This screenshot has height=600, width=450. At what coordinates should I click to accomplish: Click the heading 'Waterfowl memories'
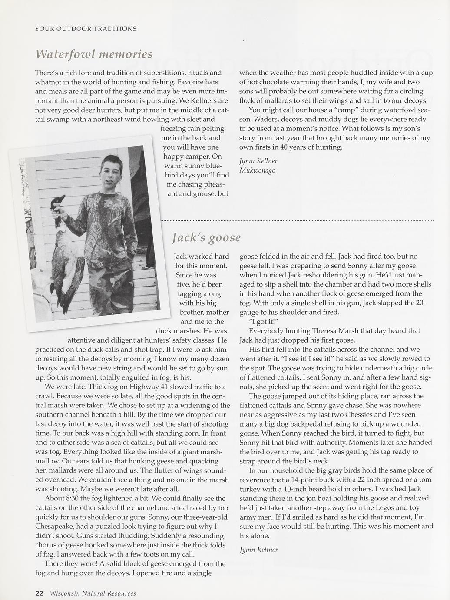(x=94, y=54)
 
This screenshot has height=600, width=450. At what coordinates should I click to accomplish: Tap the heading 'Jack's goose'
(x=206, y=237)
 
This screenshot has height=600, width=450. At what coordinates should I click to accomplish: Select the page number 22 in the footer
(x=39, y=593)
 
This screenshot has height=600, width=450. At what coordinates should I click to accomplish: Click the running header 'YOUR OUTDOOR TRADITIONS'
(x=86, y=29)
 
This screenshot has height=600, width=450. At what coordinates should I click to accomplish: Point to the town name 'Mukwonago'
(x=257, y=170)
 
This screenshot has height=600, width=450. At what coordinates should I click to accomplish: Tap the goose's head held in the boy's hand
(x=59, y=202)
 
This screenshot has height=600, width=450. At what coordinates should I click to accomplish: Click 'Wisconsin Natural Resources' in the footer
(x=93, y=593)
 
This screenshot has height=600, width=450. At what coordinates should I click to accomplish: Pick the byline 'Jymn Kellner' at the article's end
(x=258, y=550)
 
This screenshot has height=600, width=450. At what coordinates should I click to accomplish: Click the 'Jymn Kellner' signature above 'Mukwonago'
(x=258, y=161)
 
